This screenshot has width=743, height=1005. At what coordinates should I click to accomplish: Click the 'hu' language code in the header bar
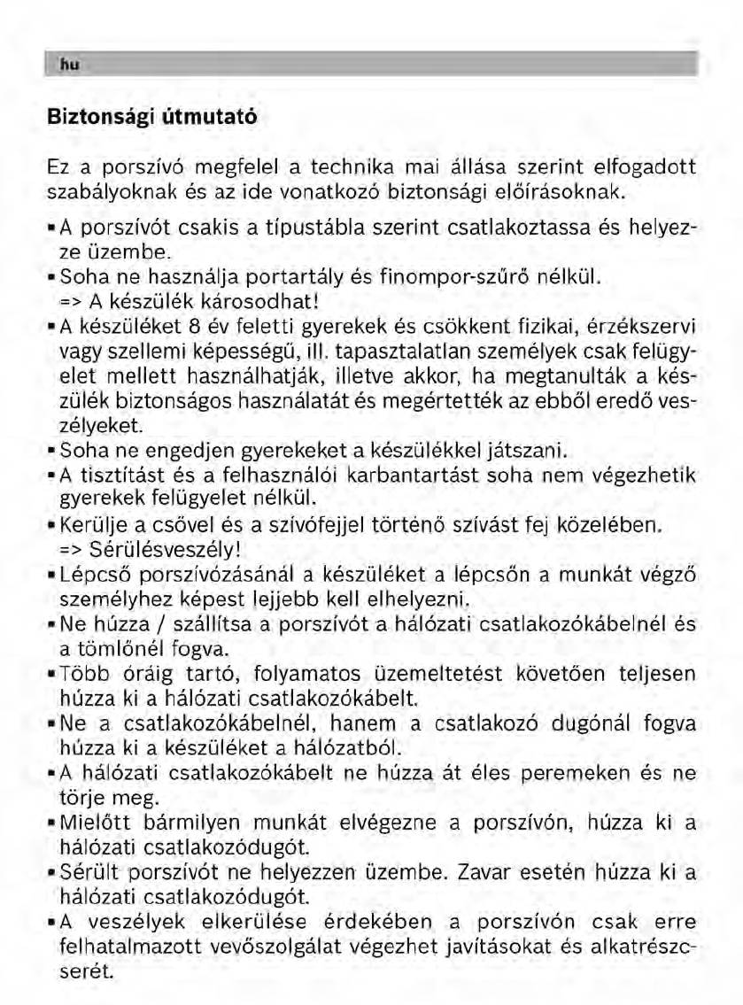[x=65, y=63]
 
